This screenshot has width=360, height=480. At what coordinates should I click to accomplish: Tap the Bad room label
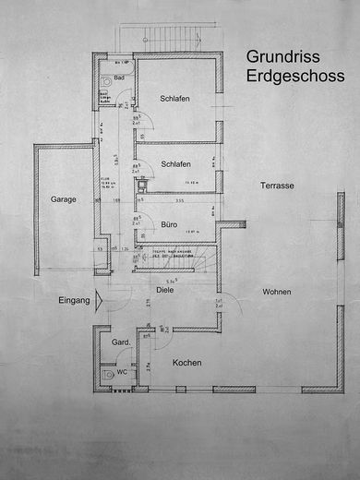(x=120, y=78)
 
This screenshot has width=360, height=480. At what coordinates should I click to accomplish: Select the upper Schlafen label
(x=174, y=99)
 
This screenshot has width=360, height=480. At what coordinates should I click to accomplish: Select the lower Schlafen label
(x=175, y=163)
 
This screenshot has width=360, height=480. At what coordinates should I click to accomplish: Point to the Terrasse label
(x=276, y=186)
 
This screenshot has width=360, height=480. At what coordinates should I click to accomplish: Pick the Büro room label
(x=169, y=224)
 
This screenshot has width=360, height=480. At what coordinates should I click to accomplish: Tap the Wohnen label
(x=276, y=292)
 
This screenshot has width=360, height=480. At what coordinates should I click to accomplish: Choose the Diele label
(x=165, y=290)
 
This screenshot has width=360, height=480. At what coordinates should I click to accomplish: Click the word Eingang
(x=74, y=300)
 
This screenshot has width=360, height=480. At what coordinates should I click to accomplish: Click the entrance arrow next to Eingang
(x=102, y=300)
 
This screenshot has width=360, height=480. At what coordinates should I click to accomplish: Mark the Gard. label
(x=119, y=343)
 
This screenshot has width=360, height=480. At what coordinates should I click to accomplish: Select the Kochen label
(x=187, y=363)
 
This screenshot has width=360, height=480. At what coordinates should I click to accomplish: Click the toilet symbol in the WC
(x=110, y=375)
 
